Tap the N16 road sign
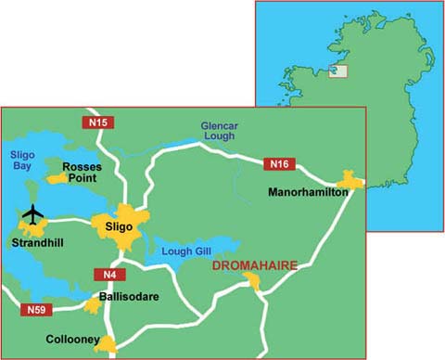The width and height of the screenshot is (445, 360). (279, 165)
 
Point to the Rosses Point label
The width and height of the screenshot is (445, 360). (82, 174)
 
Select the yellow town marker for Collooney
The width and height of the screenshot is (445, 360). (107, 345)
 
